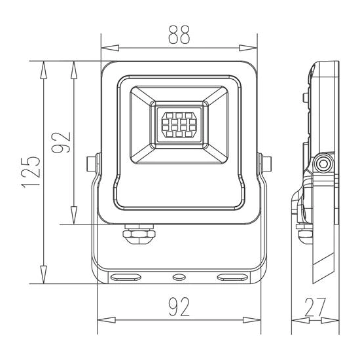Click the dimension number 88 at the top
(x=179, y=35)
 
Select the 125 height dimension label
(x=31, y=172)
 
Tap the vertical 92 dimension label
(x=61, y=142)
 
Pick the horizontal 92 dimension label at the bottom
(x=179, y=307)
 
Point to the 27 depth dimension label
(x=315, y=307)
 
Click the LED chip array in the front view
(x=179, y=124)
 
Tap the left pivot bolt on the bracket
(x=92, y=164)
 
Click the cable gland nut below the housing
(x=139, y=234)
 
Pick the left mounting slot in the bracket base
(x=126, y=278)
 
